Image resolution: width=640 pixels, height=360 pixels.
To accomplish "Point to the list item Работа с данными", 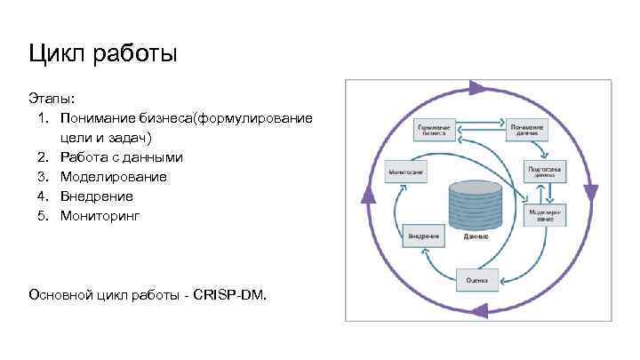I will tap(122, 157).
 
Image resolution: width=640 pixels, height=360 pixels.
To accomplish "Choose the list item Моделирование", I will tap(114, 177).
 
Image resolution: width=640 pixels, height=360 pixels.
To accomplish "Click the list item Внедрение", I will tap(97, 196).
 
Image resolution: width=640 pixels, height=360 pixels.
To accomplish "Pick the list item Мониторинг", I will tap(100, 216).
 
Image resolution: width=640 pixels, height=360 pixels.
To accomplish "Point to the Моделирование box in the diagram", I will tap(545, 215).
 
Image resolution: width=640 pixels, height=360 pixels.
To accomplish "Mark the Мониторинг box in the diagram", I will tap(404, 170).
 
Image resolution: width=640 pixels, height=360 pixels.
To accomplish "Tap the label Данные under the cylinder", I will tap(476, 238).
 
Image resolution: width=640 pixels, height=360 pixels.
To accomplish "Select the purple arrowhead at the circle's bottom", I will tap(478, 309).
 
